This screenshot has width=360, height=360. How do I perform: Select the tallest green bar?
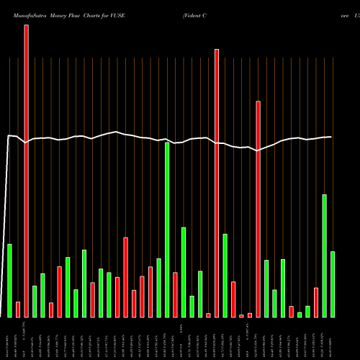[167, 230]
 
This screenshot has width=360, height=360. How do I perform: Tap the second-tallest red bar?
[216, 183]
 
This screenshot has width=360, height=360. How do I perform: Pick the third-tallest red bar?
[258, 209]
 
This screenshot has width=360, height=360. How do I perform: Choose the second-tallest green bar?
[324, 256]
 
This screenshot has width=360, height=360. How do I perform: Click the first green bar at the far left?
[10, 281]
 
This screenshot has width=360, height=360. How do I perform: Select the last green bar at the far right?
[333, 284]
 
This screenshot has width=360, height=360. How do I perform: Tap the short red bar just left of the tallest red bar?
[18, 310]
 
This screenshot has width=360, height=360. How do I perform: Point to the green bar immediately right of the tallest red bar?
[35, 302]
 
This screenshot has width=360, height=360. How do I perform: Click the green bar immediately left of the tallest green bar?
[158, 288]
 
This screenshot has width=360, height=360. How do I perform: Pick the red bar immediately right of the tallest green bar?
[175, 294]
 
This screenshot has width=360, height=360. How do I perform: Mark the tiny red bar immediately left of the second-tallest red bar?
[208, 315]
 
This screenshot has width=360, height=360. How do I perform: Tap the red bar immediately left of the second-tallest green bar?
[316, 302]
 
